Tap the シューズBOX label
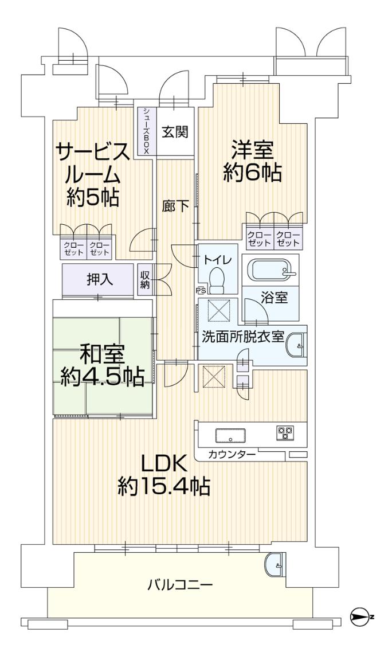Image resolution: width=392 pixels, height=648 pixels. (146, 131)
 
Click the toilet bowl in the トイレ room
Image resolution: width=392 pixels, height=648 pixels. (217, 282)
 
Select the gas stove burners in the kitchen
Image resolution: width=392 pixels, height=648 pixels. (285, 432)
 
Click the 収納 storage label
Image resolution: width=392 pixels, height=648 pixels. (146, 279)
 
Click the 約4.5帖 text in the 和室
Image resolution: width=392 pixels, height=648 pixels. (103, 376)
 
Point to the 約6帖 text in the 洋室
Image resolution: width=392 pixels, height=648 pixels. (252, 171)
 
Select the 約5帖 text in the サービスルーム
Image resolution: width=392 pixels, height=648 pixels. (92, 197)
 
